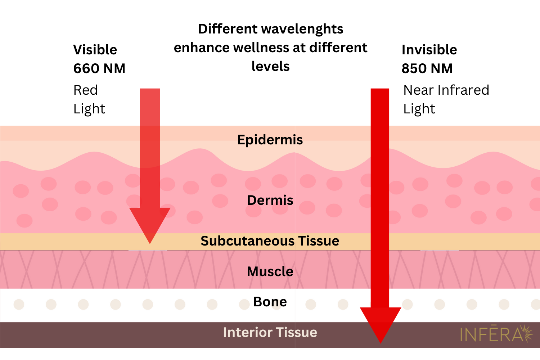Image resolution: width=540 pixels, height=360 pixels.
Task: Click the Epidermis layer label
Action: tap(270, 140)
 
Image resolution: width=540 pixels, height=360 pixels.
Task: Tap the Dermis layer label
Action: tap(270, 200)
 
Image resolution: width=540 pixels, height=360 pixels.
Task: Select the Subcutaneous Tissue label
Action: tap(270, 241)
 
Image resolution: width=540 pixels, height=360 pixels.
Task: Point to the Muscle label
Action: tap(270, 271)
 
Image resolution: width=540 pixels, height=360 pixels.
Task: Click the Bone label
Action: tap(270, 302)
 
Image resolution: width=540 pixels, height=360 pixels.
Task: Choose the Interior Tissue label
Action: tap(270, 332)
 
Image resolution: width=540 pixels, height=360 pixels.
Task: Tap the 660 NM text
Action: tap(99, 68)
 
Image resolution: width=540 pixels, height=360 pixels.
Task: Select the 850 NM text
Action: tap(427, 68)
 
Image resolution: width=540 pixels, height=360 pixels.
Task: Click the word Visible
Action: tap(95, 50)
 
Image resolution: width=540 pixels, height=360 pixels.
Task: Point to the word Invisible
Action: tap(429, 50)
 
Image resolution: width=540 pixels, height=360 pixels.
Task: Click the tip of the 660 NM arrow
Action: tap(150, 243)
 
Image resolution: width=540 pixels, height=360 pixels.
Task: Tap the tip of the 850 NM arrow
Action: tap(381, 342)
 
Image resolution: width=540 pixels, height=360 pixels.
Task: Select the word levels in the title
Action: tap(270, 66)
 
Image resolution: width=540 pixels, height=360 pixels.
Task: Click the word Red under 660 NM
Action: tap(85, 90)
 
